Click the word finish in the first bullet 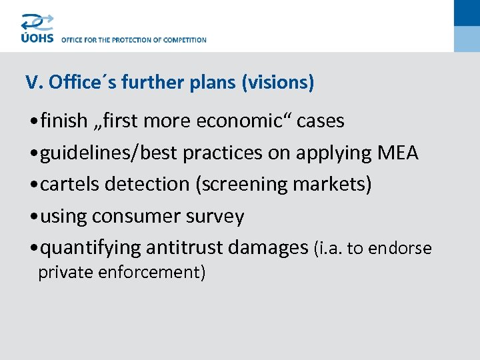[64, 121]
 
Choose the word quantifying [91, 248]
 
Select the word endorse [399, 249]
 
